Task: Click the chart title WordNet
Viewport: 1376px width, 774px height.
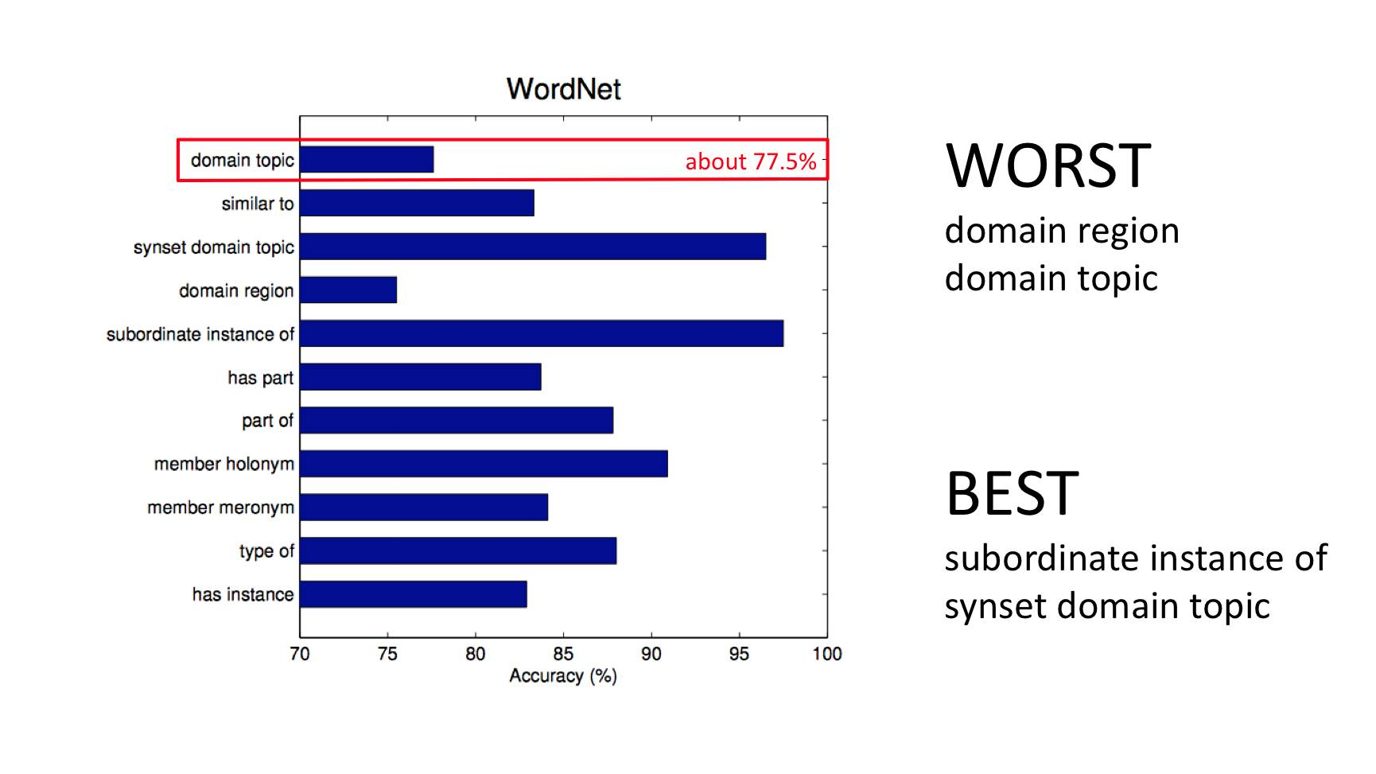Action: (563, 89)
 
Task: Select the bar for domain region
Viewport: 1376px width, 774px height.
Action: (348, 290)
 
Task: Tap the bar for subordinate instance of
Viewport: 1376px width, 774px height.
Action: (542, 333)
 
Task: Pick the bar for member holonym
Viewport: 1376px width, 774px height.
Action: (484, 464)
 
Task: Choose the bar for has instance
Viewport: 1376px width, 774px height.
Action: (414, 594)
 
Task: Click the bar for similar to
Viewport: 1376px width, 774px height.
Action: (417, 203)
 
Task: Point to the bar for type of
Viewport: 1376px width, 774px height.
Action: (458, 550)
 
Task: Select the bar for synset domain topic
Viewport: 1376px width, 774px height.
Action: (533, 247)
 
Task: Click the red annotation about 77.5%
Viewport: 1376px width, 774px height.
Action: (751, 161)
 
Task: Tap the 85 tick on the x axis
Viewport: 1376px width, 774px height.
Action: (563, 654)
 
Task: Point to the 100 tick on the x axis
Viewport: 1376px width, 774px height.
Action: (827, 654)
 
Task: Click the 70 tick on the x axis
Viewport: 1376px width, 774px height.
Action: (300, 654)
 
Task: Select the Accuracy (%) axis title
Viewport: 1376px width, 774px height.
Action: (563, 676)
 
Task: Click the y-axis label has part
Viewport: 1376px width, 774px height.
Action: (261, 378)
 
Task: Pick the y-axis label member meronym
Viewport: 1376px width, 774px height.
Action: (221, 508)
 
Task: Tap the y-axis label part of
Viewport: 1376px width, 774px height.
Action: (268, 421)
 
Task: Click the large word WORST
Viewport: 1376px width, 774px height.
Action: (1048, 165)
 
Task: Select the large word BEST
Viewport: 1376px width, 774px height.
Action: (1013, 493)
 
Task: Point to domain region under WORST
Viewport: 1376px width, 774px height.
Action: (1062, 231)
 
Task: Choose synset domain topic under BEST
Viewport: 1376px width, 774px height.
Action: (1107, 607)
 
